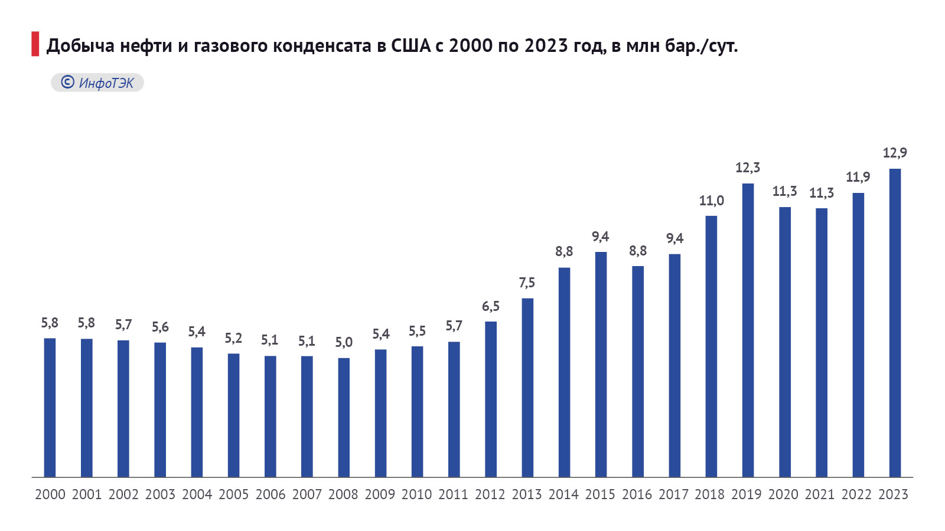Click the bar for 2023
[x=895, y=323]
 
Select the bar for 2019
[x=748, y=330]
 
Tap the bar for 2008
[x=344, y=418]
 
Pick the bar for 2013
[x=527, y=388]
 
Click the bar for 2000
[x=50, y=408]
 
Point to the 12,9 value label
[x=895, y=153]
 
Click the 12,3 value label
[x=748, y=168]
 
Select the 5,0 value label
[x=344, y=343]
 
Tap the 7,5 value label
[x=527, y=283]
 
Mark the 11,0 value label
[x=711, y=201]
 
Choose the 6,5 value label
[x=491, y=307]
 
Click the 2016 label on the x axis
[x=637, y=494]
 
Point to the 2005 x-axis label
[x=233, y=494]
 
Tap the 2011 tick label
[x=454, y=494]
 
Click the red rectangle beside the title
[x=35, y=45]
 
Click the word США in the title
[x=411, y=45]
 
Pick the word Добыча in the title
[x=80, y=45]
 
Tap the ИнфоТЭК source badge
[x=97, y=83]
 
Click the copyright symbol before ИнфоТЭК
[x=67, y=83]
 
